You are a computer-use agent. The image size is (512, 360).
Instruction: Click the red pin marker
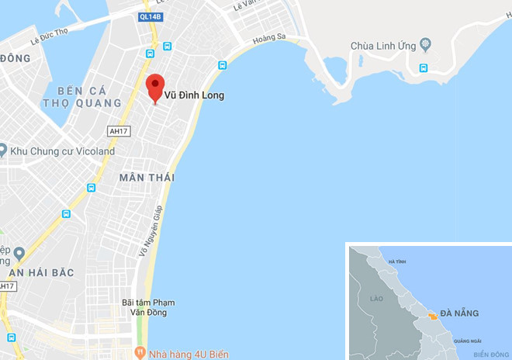click(x=155, y=86)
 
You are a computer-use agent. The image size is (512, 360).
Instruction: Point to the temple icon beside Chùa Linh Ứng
click(x=424, y=43)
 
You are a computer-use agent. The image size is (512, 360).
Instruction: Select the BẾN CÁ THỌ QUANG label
click(x=83, y=96)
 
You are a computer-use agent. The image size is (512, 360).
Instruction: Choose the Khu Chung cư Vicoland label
click(x=62, y=151)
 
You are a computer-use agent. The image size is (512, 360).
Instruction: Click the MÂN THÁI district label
click(x=147, y=178)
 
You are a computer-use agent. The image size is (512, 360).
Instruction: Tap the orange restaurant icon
click(x=140, y=352)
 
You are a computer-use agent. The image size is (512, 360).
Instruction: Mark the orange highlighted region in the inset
click(x=430, y=317)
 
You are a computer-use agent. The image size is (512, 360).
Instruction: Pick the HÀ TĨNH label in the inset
click(x=396, y=261)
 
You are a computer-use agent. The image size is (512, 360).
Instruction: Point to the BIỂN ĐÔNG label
click(x=490, y=354)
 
